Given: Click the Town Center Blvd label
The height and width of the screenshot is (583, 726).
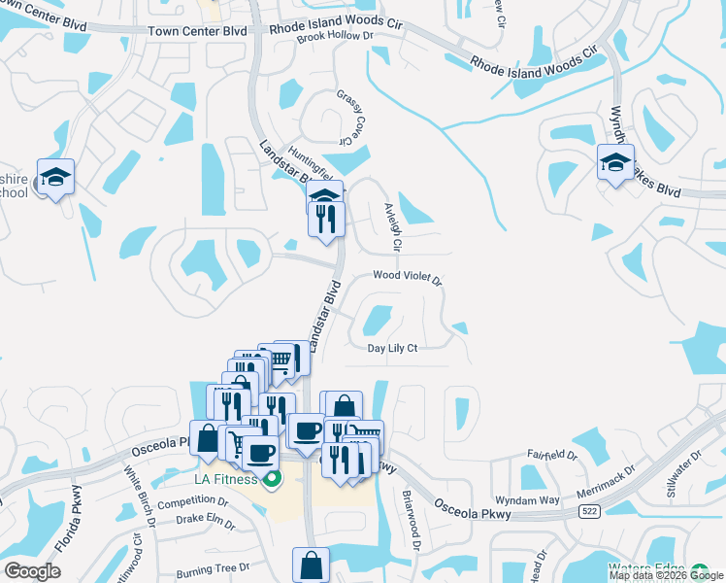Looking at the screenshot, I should tap(197, 31).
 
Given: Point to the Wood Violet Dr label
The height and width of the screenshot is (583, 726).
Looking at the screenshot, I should tap(407, 278).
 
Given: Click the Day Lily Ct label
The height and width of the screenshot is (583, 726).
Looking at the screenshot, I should tap(392, 348).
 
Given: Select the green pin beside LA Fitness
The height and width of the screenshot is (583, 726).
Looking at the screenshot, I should tap(273, 477).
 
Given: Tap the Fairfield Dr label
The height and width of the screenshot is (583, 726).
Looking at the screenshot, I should tap(552, 454).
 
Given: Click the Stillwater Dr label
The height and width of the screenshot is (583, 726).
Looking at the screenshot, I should tap(683, 475).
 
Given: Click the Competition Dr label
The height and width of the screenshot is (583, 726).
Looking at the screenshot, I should tap(192, 502).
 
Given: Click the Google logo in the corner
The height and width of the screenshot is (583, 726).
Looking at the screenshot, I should tap(33, 571).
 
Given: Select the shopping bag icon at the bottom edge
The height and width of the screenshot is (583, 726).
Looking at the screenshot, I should tap(311, 565).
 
